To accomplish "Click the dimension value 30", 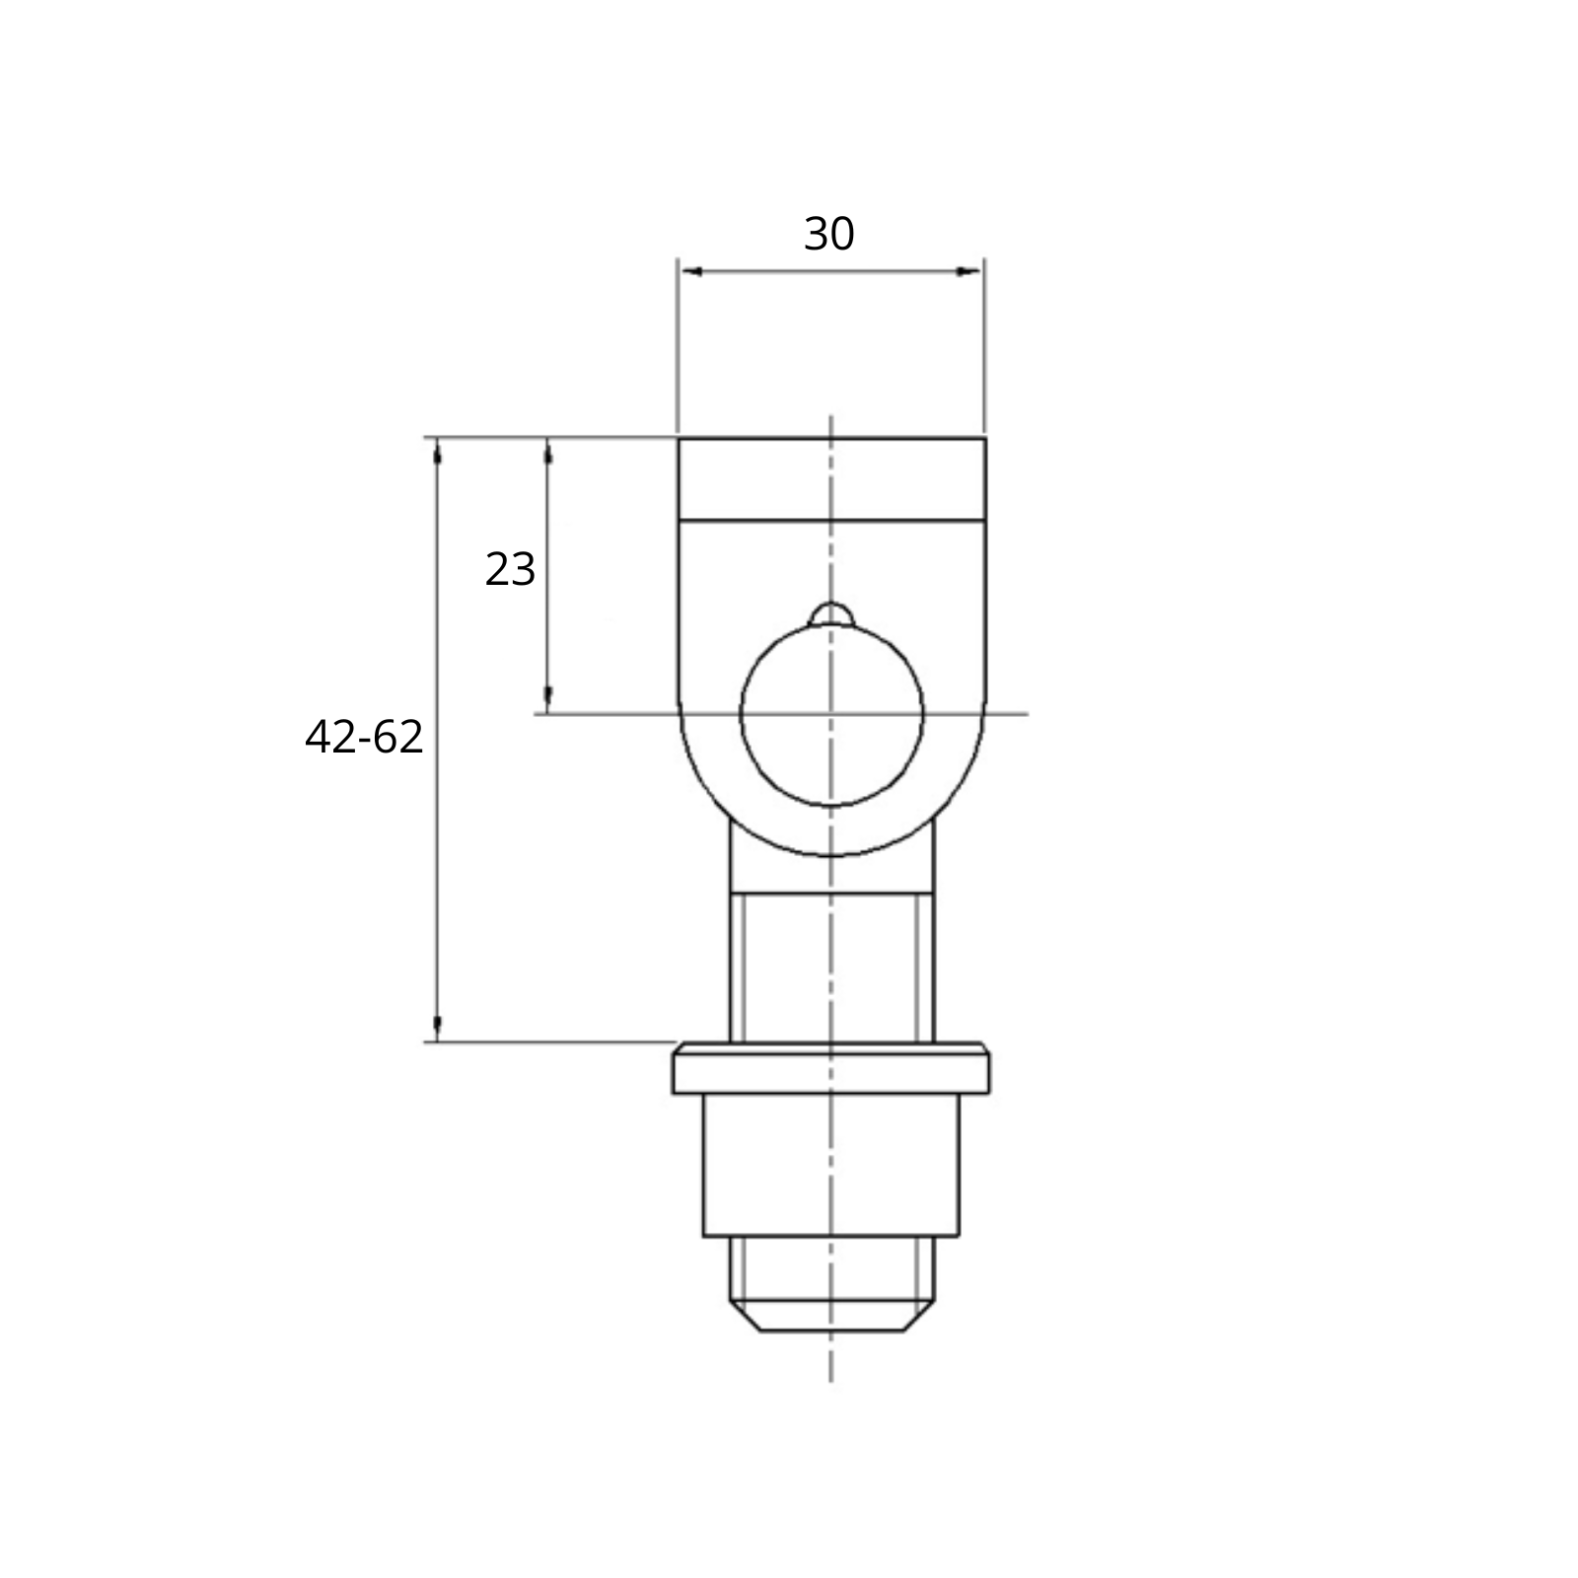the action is (828, 235).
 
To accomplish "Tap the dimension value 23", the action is (510, 570).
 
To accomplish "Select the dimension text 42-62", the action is (364, 738).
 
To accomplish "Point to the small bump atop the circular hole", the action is (831, 612).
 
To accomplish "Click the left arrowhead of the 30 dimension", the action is (691, 271).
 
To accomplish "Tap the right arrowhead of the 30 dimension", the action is (970, 271).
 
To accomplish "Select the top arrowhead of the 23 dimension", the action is (548, 452).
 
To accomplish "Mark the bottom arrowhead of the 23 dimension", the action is (548, 699).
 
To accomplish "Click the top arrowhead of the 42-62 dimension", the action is (437, 452).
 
